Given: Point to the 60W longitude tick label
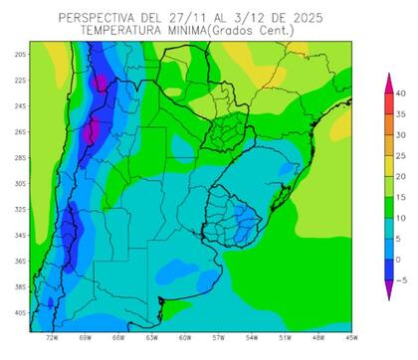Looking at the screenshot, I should click(185, 338).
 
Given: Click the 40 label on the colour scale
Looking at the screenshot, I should click(399, 93).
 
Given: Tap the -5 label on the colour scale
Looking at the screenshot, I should click(399, 280).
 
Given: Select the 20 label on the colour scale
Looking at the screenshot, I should click(399, 176).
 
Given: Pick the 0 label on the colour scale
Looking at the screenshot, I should click(399, 260).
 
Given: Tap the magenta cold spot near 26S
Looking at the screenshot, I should click(90, 130).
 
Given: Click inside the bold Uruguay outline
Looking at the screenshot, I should click(231, 211).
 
